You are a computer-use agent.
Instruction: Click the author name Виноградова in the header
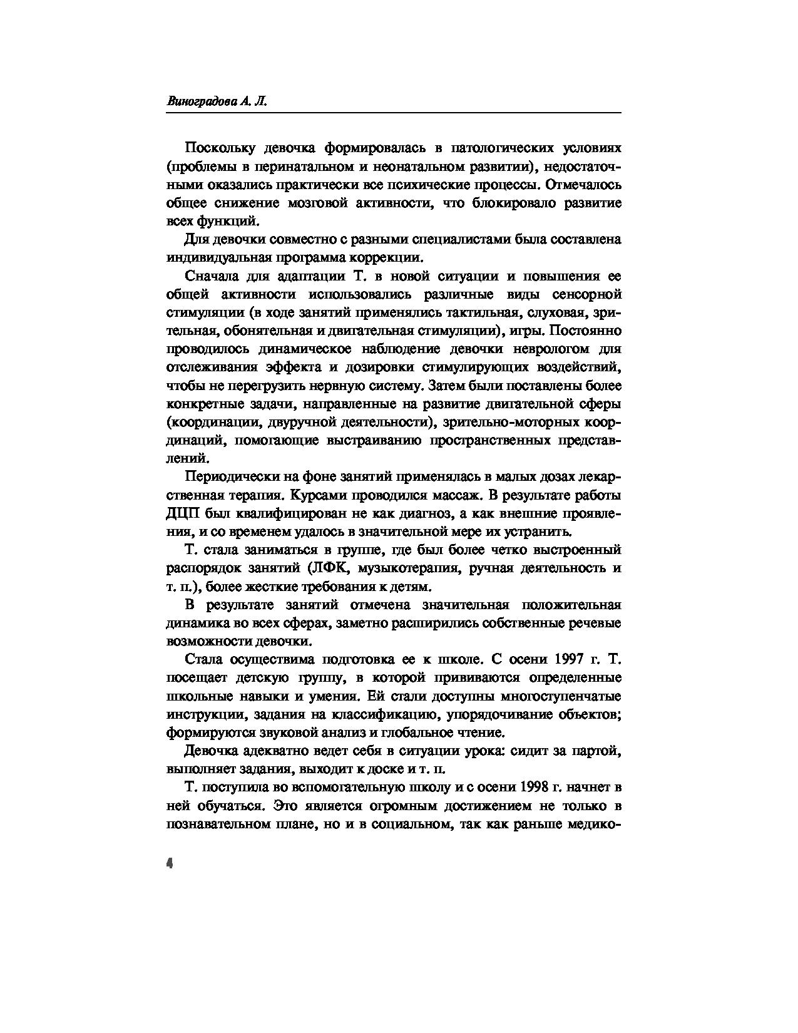(x=199, y=102)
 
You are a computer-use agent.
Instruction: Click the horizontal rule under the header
(x=394, y=113)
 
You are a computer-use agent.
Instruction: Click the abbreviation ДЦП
(x=181, y=514)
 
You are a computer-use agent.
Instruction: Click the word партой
(x=599, y=751)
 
